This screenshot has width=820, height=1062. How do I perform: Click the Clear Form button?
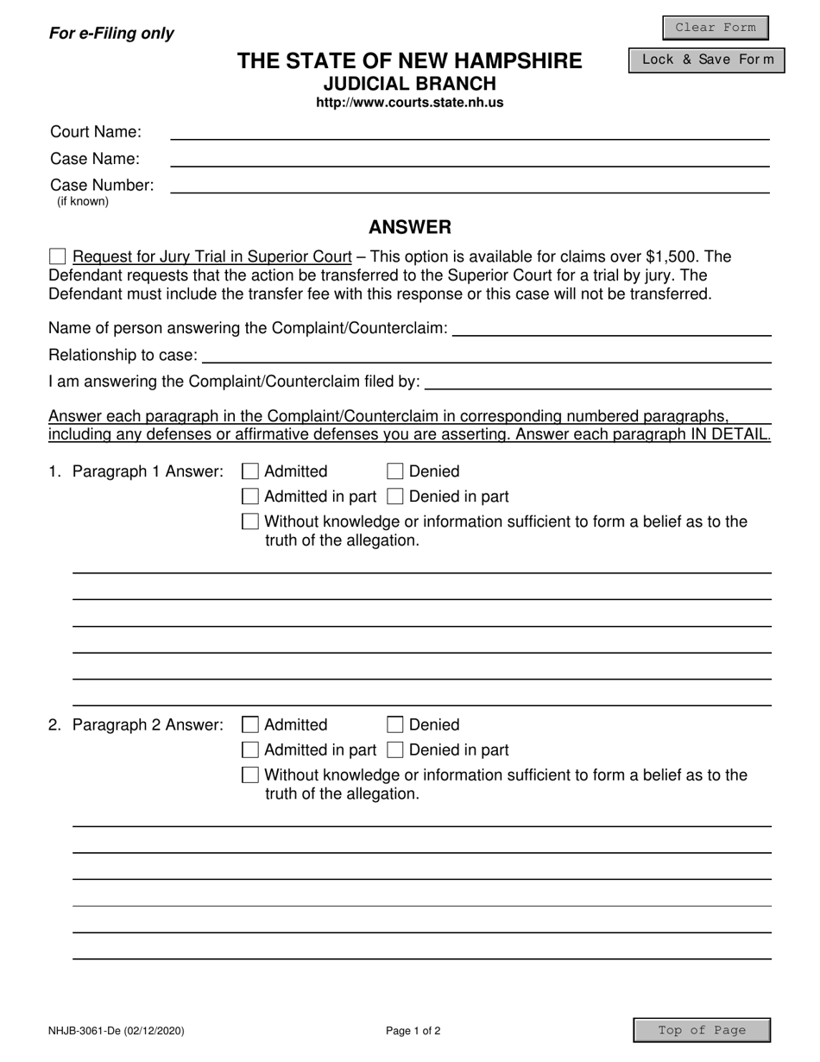pos(715,28)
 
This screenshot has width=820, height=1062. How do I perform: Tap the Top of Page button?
pos(702,1030)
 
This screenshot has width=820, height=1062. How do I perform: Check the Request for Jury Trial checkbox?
pos(58,256)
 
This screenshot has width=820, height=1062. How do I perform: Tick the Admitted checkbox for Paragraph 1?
pos(250,471)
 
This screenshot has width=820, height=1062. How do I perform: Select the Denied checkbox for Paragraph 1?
pos(395,471)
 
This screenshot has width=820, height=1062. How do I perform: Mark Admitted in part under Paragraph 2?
pos(250,749)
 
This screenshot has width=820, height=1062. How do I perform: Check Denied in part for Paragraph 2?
pos(395,749)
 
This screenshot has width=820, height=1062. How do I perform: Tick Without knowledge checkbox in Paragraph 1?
pos(250,522)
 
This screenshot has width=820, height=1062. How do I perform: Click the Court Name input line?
pos(470,132)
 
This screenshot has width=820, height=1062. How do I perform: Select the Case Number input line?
pos(470,186)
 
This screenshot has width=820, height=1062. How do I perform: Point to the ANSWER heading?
pos(410,227)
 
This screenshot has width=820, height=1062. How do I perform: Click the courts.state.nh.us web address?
pos(410,103)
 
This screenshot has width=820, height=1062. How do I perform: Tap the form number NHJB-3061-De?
pos(116,1031)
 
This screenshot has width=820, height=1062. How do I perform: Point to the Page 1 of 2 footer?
pos(413,1031)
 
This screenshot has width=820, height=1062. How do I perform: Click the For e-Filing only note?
pos(111,34)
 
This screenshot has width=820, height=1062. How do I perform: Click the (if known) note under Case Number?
pos(83,202)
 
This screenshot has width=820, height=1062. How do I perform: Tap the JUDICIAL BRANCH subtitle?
pos(410,84)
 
